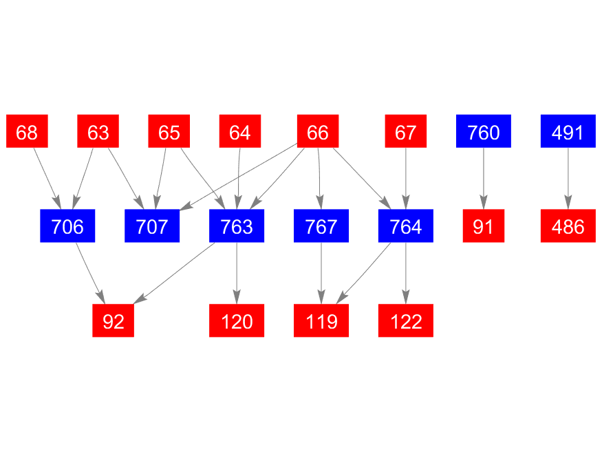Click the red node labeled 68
(27, 131)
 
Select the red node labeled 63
(98, 131)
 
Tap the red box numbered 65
(169, 131)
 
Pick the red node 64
(240, 131)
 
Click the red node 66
(318, 131)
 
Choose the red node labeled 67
(406, 131)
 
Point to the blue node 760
(484, 131)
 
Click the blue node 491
(568, 131)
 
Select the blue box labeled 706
(67, 226)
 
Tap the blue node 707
(152, 226)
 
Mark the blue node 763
(237, 226)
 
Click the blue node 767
(321, 226)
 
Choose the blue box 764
(406, 226)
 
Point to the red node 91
(484, 226)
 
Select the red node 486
(568, 226)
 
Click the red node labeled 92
(114, 320)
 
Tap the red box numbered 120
(237, 320)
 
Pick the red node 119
(321, 320)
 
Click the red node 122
(406, 320)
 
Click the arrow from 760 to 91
(484, 178)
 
